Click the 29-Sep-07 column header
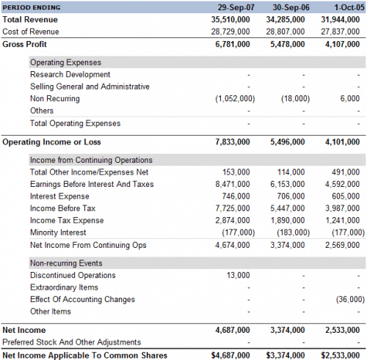(x=236, y=7)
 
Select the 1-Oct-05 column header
(x=349, y=7)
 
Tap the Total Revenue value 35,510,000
(x=230, y=20)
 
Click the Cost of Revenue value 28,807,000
(x=286, y=32)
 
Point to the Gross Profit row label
(x=24, y=44)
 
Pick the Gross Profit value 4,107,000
(x=342, y=44)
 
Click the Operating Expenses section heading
(x=65, y=62)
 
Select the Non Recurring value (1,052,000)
(x=235, y=98)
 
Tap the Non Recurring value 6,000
(x=350, y=98)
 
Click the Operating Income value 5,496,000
(x=288, y=142)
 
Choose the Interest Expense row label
(x=59, y=196)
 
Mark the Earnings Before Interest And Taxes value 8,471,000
(x=233, y=184)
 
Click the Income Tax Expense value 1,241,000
(x=343, y=221)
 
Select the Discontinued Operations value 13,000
(x=238, y=275)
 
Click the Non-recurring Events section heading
(x=66, y=263)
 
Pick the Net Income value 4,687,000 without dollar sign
(x=233, y=330)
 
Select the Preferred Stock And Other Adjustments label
(x=72, y=342)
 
